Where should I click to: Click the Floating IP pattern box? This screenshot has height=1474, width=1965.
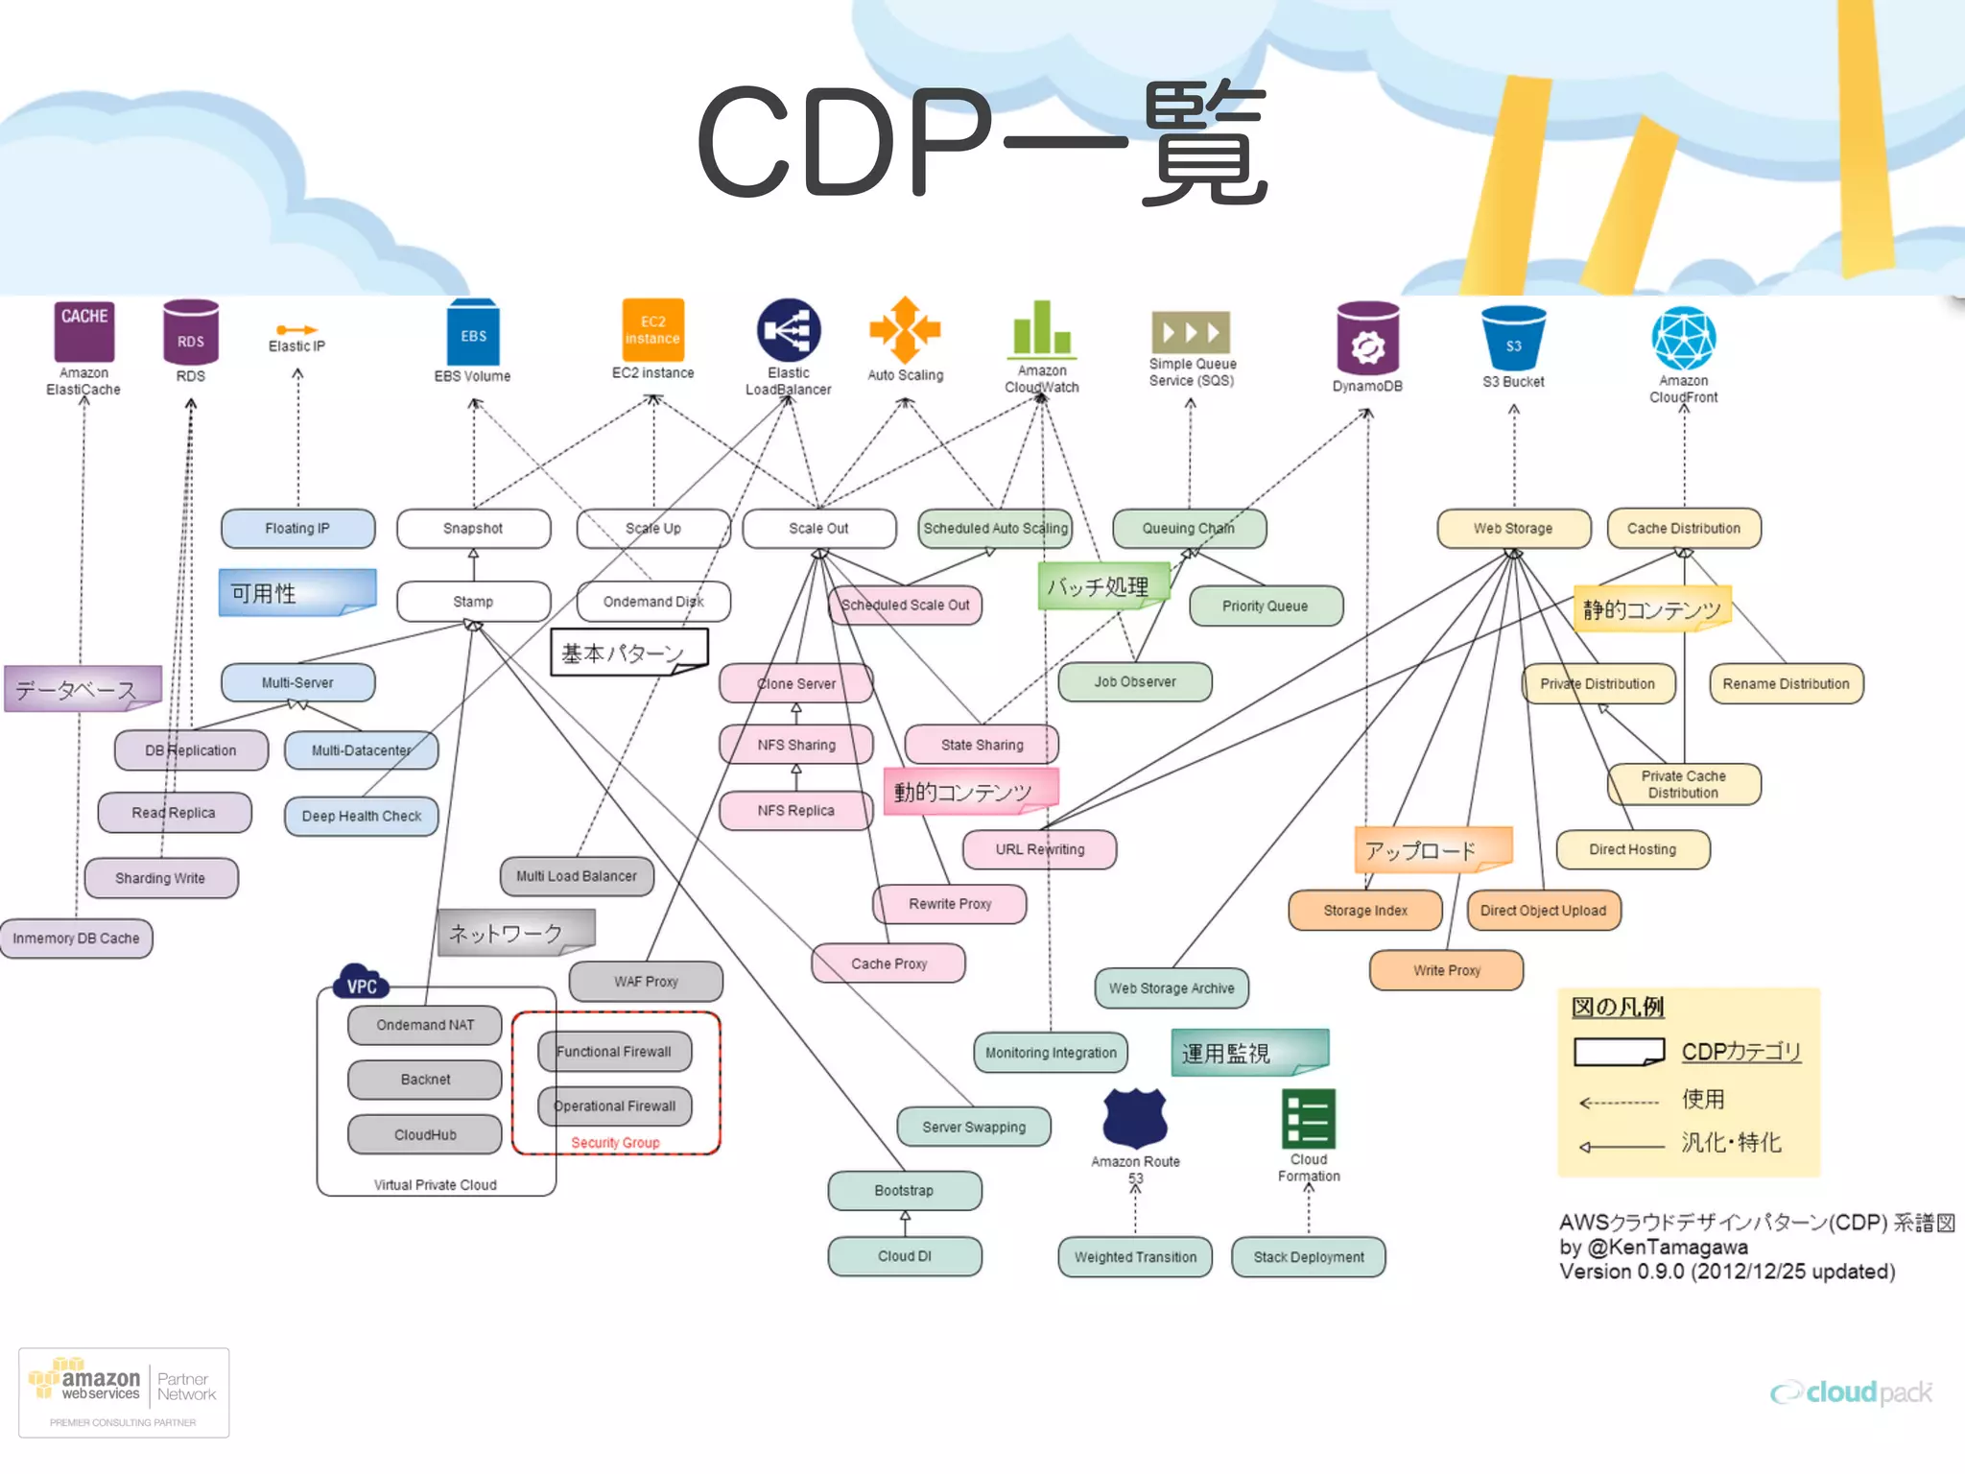[297, 529]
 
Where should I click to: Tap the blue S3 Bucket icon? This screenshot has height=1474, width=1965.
[1513, 338]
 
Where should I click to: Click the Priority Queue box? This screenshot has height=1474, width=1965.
[1265, 606]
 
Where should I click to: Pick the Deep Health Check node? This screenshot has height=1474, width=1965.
[361, 817]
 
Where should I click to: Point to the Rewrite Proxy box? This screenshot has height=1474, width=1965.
[949, 904]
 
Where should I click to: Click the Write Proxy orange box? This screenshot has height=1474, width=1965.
[1446, 970]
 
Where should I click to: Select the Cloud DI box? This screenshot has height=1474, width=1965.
[904, 1256]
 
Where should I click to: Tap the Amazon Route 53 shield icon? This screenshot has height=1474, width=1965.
[1135, 1118]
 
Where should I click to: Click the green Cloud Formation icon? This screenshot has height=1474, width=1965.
[1309, 1119]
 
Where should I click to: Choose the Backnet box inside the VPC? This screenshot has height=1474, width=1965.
[424, 1080]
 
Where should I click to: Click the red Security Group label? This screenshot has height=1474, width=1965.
[615, 1143]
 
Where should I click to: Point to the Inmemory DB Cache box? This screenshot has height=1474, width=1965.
[76, 939]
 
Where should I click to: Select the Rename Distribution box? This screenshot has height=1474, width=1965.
[1786, 684]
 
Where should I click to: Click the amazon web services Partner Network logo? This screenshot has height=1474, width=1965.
[124, 1391]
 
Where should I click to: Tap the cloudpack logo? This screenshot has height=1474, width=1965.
[1852, 1391]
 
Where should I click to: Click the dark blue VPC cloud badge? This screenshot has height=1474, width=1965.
[361, 983]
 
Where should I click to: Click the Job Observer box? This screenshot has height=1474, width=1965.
[1134, 682]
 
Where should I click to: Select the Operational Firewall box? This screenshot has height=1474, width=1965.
[615, 1106]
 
